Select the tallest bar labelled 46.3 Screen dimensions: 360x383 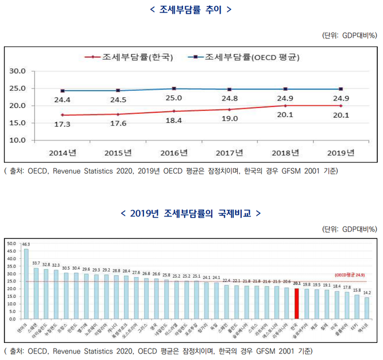tap(26, 283)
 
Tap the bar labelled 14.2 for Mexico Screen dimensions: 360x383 tap(366, 308)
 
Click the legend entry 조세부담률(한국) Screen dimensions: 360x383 tap(129, 57)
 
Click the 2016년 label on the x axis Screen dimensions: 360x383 tap(175, 152)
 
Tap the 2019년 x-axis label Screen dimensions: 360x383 tap(341, 152)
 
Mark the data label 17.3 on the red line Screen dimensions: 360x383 tap(62, 125)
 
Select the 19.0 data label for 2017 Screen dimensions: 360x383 tap(230, 119)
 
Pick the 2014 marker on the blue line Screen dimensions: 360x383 tap(62, 91)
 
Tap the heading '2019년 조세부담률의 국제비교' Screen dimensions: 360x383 tap(191, 213)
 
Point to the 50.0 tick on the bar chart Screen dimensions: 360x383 tap(11, 243)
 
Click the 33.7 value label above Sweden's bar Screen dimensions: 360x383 tap(36, 263)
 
